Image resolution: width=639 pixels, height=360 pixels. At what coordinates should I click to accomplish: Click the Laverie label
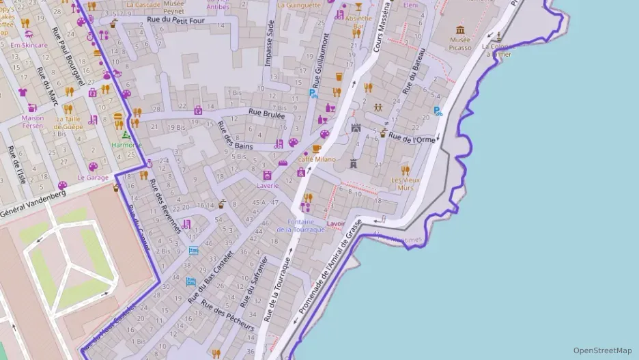pyautogui.click(x=268, y=185)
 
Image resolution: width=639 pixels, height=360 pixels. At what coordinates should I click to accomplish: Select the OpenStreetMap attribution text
pyautogui.click(x=602, y=350)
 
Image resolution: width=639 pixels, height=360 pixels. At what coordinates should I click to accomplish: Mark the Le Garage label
pyautogui.click(x=93, y=178)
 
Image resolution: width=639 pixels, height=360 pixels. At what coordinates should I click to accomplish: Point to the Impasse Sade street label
pyautogui.click(x=270, y=43)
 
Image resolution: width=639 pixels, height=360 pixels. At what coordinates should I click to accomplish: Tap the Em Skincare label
pyautogui.click(x=29, y=45)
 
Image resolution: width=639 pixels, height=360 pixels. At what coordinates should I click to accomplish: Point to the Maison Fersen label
pyautogui.click(x=33, y=122)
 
